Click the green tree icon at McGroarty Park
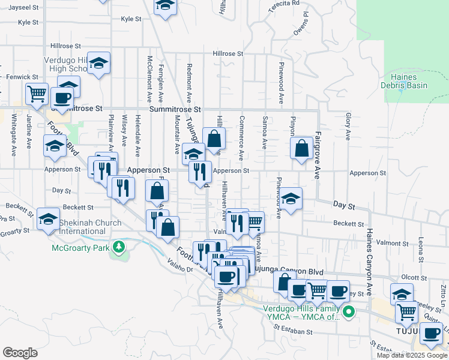119,246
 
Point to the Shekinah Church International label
91,227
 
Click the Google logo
20,352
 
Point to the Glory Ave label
348,127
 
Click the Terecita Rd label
283,4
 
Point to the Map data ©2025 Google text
411,355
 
